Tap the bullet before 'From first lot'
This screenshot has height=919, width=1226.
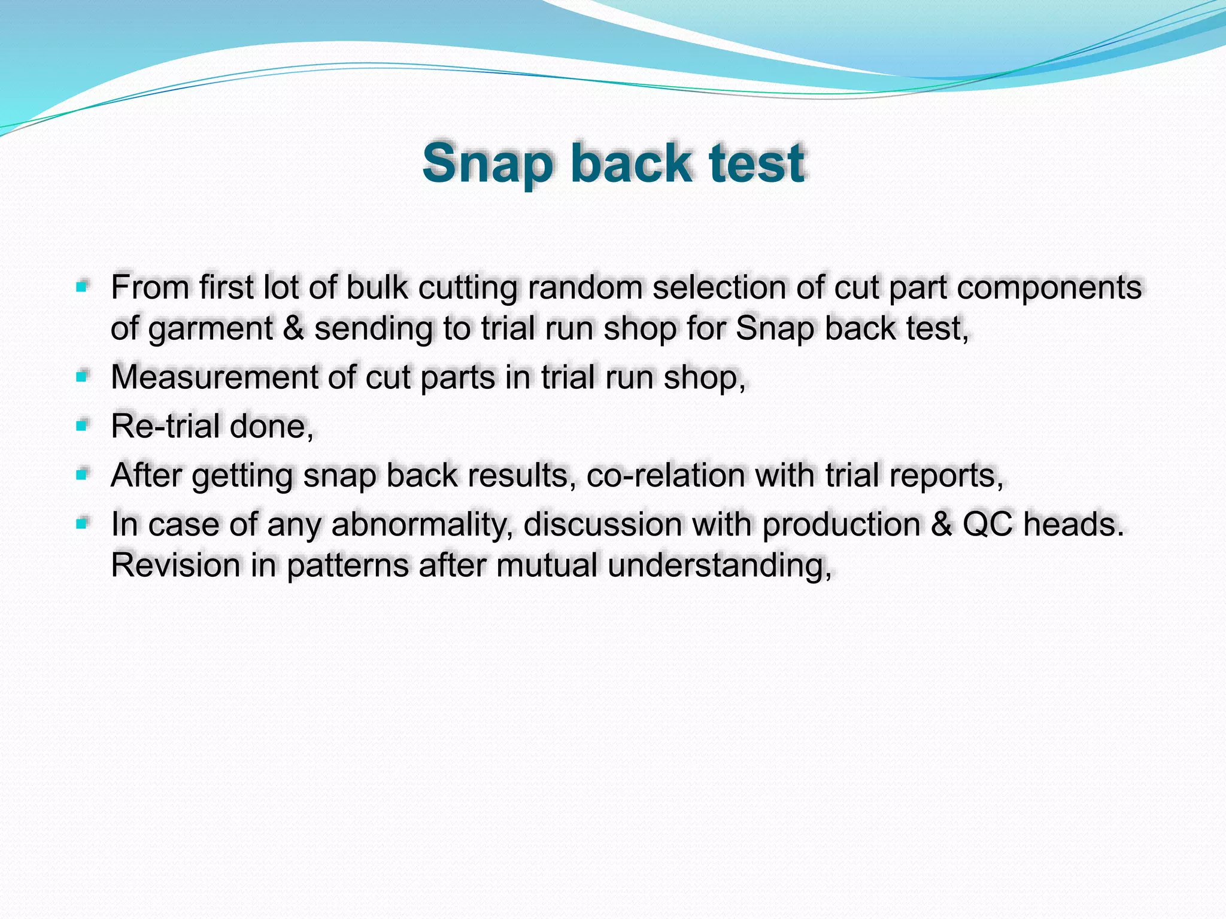click(82, 287)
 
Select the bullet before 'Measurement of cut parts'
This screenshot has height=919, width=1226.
click(82, 377)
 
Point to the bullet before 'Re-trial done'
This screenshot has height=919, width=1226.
click(82, 426)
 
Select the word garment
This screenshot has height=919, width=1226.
click(211, 329)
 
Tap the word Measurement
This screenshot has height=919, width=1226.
click(214, 377)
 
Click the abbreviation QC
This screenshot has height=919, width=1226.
click(987, 524)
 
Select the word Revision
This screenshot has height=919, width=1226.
click(175, 565)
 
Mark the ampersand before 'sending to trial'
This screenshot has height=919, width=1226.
click(293, 328)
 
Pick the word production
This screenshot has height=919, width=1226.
click(840, 525)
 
